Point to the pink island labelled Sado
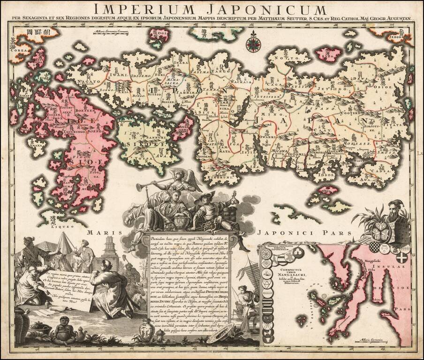pyautogui.click(x=329, y=54)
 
